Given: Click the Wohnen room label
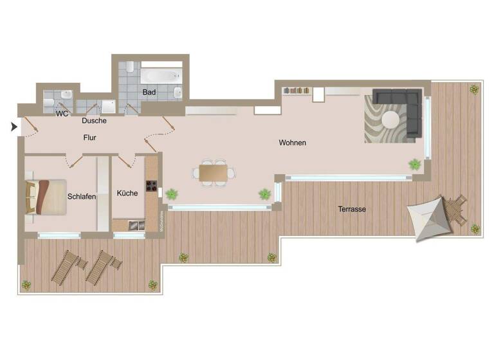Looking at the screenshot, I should click(x=292, y=143).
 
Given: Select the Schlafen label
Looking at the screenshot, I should click(x=82, y=197).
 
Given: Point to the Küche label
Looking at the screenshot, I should click(x=127, y=193).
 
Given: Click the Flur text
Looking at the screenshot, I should click(x=89, y=138).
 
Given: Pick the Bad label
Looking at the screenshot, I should click(x=149, y=93).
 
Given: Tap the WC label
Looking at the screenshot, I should click(x=62, y=114).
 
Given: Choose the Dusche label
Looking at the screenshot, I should click(x=94, y=120).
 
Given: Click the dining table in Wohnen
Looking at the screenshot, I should click(x=213, y=173).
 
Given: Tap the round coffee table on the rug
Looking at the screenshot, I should click(x=391, y=120).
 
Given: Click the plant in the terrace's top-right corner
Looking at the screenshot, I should click(x=474, y=89).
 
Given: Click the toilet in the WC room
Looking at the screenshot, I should click(x=50, y=102).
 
